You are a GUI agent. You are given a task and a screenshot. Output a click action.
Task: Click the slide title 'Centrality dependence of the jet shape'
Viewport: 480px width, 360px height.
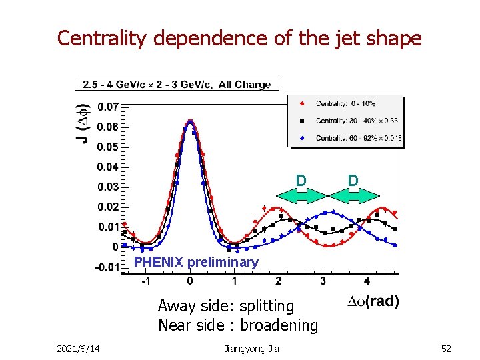[239, 38]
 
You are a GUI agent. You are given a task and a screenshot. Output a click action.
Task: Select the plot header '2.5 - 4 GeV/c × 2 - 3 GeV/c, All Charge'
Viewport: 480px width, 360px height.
[177, 84]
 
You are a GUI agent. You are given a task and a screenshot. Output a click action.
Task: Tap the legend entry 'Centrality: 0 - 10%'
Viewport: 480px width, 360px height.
[345, 103]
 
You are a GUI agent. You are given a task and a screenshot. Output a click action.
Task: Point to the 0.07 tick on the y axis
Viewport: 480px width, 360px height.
[108, 106]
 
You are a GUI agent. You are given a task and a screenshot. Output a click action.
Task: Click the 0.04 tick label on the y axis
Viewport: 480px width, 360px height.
[108, 166]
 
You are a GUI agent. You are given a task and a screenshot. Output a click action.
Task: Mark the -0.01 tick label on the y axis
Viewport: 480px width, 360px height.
[107, 267]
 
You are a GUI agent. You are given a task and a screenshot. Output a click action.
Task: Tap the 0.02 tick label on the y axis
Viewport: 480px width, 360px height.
[108, 207]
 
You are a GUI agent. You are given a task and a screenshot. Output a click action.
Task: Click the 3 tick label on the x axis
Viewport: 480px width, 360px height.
[323, 281]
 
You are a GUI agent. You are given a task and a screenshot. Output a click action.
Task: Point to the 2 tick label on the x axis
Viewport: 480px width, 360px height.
[278, 281]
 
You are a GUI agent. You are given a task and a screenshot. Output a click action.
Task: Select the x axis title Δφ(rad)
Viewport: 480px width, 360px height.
[373, 301]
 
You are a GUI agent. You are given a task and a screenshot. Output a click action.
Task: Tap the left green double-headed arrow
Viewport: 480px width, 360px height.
[301, 195]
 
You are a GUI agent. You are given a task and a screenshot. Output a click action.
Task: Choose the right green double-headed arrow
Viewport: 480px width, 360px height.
[354, 195]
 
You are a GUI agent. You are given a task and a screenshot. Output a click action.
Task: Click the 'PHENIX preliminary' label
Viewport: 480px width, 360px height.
[196, 262]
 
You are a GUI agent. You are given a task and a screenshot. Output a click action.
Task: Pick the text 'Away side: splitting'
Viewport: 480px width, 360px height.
[225, 306]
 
